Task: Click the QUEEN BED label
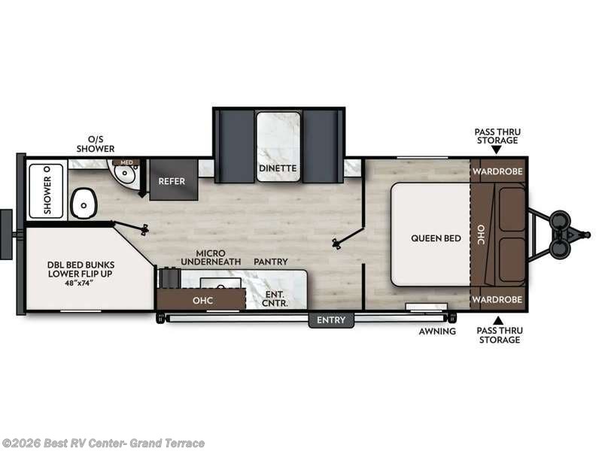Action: tap(436, 238)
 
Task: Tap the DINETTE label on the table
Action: tap(278, 168)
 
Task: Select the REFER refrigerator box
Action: tap(174, 180)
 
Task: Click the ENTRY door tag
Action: tap(331, 320)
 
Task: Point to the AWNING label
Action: tap(437, 331)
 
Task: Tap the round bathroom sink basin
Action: tap(125, 173)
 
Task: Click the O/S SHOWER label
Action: tap(96, 144)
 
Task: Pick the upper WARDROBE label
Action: tap(497, 171)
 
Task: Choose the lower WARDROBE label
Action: tap(497, 299)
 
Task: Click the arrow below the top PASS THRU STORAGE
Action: tap(497, 150)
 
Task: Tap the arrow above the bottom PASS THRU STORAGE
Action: tap(498, 321)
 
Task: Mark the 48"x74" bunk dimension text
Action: tap(81, 283)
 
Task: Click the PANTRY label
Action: tap(271, 262)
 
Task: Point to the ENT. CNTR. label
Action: tap(275, 298)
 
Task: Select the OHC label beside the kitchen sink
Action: tap(202, 300)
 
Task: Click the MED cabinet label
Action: tap(126, 162)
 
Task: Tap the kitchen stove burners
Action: tap(169, 277)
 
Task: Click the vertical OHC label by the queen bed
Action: tap(481, 235)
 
